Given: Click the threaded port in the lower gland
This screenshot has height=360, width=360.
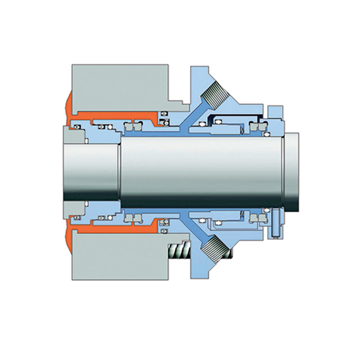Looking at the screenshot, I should pyautogui.click(x=215, y=247).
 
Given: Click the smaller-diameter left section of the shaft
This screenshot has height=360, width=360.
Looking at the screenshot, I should pyautogui.click(x=90, y=171).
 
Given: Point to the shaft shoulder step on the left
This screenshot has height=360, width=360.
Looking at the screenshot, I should pyautogui.click(x=119, y=171).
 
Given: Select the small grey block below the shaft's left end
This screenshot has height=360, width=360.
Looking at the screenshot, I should pyautogui.click(x=72, y=208).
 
